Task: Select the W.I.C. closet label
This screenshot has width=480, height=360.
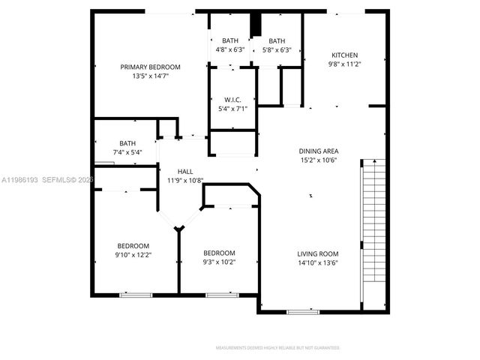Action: (x=232, y=100)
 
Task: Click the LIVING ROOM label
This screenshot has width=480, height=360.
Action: (x=318, y=253)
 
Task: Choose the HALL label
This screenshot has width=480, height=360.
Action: (x=186, y=170)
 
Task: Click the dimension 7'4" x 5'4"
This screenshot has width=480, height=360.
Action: (x=127, y=152)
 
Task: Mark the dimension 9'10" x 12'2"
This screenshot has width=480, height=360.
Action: (x=133, y=255)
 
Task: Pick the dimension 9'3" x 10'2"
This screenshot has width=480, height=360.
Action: (x=219, y=262)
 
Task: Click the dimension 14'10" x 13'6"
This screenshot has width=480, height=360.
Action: (x=318, y=262)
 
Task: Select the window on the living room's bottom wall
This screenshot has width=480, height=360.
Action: (x=302, y=311)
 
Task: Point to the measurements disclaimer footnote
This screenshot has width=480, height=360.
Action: (x=277, y=348)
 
